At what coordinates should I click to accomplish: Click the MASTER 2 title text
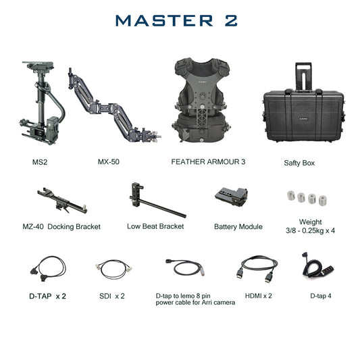[176, 20]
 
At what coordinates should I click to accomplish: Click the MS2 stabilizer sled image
[40, 108]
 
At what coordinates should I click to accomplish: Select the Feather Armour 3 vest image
[200, 101]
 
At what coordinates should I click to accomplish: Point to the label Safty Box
[299, 163]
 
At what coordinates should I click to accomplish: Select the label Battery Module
[238, 227]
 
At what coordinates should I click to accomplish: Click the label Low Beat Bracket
[155, 226]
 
